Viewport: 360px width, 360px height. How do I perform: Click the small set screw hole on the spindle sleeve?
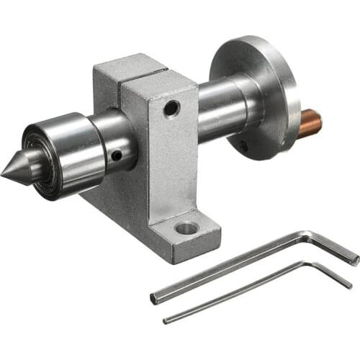click(x=116, y=153)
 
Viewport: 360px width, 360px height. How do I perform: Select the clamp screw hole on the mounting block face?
click(x=171, y=109)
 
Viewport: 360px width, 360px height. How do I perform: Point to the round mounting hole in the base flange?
click(x=186, y=228)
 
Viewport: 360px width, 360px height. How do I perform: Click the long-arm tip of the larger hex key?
click(x=154, y=278)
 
